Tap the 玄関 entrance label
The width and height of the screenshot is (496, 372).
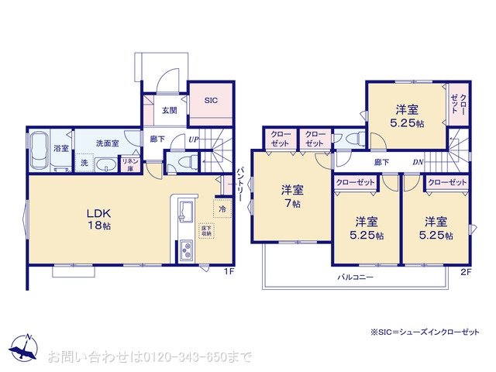[x=170, y=110]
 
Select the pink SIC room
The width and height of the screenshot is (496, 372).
[x=211, y=102]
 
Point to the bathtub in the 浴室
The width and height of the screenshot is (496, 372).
[x=39, y=150]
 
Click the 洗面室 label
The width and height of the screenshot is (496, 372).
[x=106, y=143]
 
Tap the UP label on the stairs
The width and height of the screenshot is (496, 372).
[x=192, y=140]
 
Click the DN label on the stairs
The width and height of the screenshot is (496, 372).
[x=417, y=162]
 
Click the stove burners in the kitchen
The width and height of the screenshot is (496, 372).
[x=187, y=250]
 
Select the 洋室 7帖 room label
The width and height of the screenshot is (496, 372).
[x=292, y=196]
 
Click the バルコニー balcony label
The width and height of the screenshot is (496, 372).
[x=355, y=277]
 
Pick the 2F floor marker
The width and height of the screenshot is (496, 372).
[x=465, y=271]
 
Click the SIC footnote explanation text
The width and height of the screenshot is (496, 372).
[x=425, y=332]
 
